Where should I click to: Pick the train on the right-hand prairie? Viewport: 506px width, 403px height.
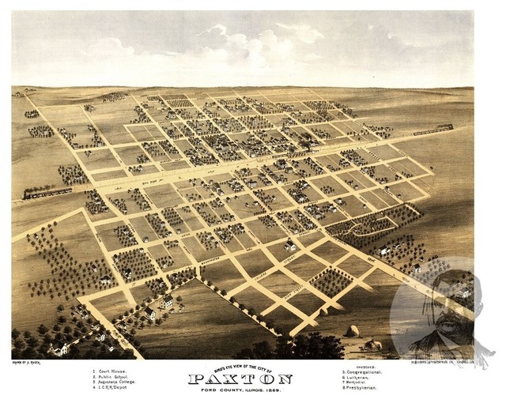[x=431, y=129]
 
